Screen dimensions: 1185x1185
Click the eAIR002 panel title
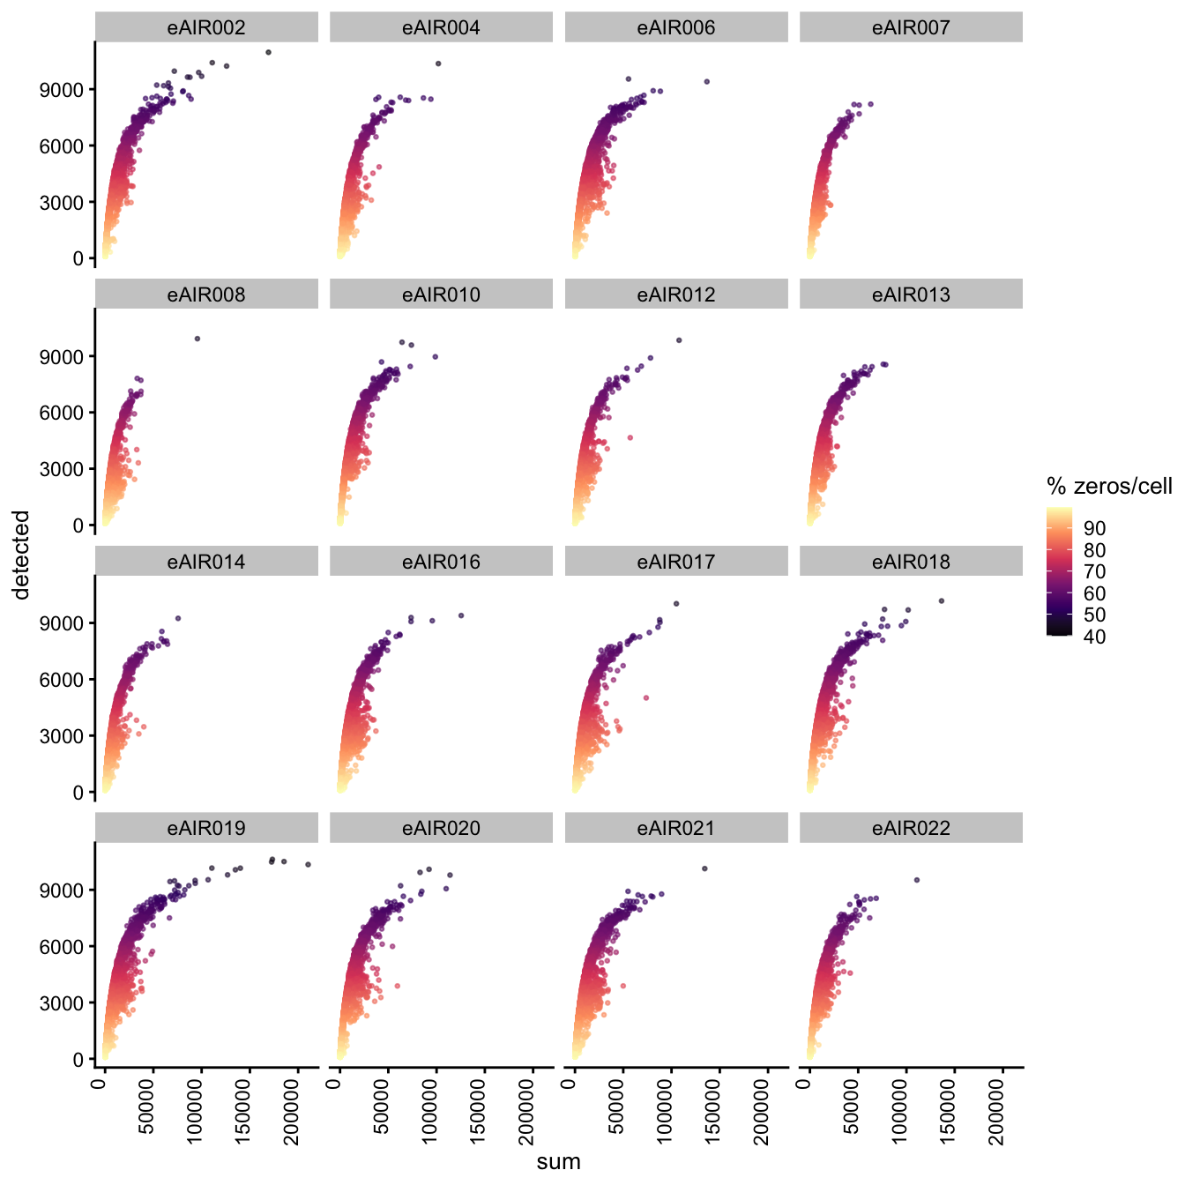206,28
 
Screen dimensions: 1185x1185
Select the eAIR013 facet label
911,295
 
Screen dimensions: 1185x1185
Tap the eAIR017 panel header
676,562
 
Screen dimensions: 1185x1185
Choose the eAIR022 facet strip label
911,829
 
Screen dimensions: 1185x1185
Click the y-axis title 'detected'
22,555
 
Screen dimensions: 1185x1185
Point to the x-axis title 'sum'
559,1161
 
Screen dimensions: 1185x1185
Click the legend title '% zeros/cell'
1109,486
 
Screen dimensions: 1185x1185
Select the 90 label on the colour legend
1094,528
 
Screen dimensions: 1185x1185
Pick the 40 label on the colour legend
1094,637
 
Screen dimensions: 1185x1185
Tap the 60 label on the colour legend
1094,593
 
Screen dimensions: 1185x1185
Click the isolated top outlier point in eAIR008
197,339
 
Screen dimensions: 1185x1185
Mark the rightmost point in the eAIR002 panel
269,52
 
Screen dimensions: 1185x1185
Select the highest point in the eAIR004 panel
438,63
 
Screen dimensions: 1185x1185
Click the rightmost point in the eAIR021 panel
704,868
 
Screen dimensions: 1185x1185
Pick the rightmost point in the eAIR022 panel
917,880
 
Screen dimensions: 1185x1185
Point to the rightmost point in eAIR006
706,82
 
